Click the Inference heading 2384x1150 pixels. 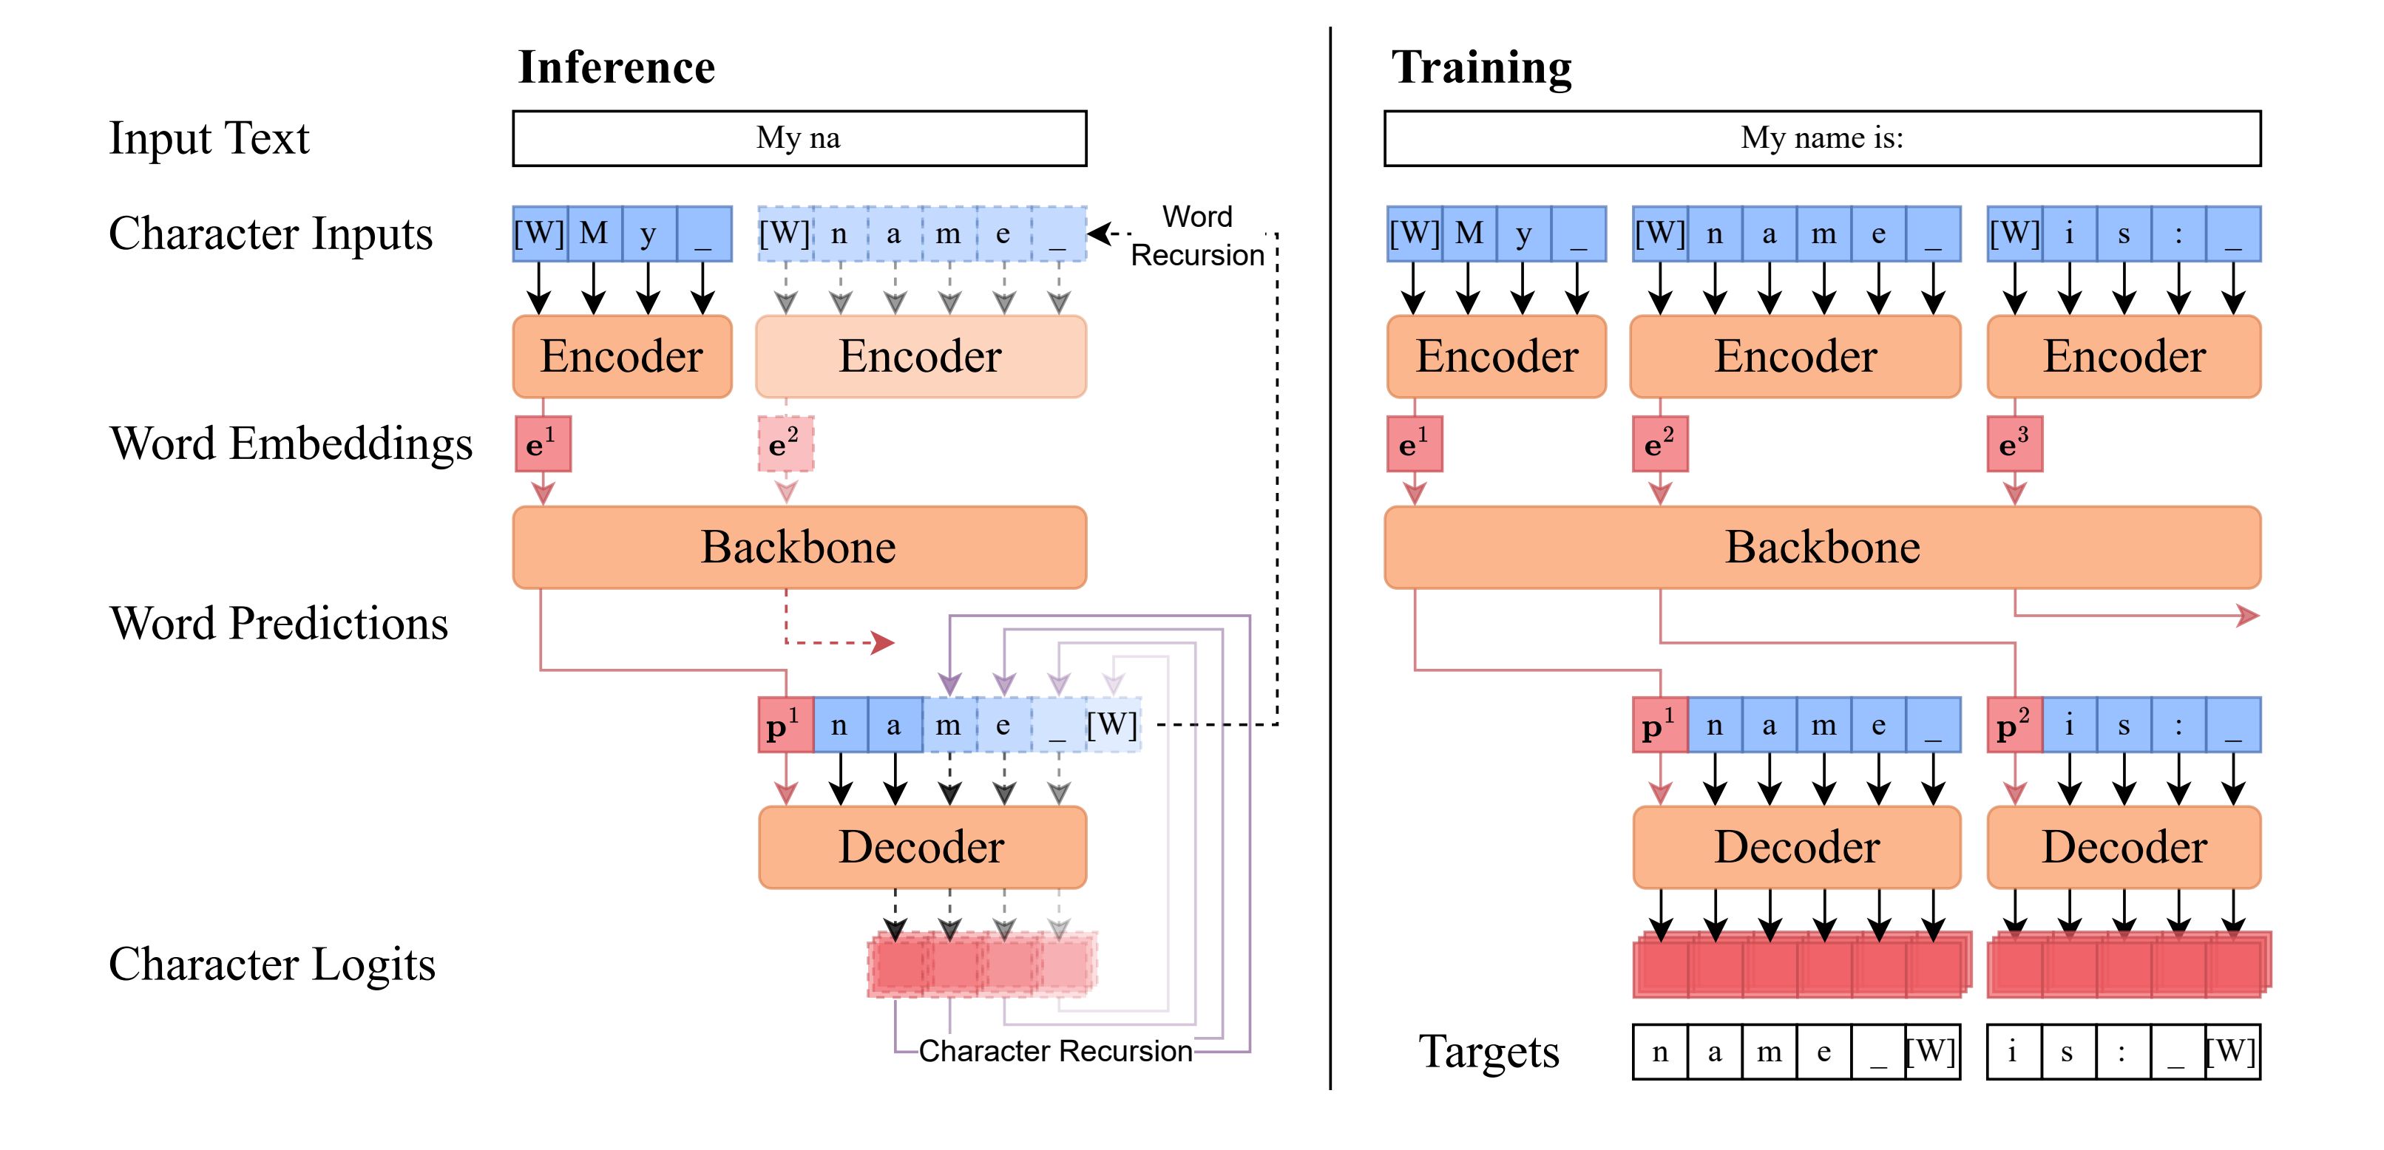617,67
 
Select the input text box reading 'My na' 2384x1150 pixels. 799,139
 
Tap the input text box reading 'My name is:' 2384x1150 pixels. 1821,139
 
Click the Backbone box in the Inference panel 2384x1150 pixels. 799,547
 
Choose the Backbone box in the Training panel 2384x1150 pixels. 1821,547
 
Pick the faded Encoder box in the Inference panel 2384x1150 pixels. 921,356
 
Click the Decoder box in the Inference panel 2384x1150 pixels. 922,846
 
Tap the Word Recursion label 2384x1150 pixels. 1198,236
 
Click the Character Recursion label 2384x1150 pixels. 1055,1051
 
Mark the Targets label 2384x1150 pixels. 1488,1052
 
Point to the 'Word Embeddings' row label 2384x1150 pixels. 291,443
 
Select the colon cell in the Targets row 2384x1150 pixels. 2122,1052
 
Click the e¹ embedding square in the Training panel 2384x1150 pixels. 1414,444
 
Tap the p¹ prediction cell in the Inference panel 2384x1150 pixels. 785,725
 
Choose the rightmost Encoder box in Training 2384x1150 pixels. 2124,356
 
